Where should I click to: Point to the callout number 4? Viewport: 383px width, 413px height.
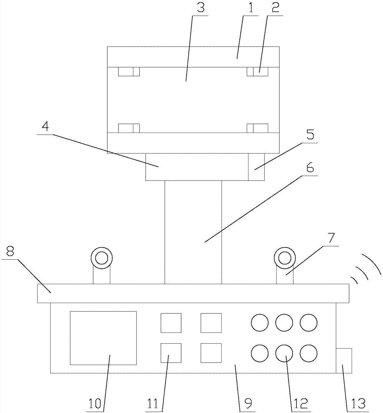(x=45, y=127)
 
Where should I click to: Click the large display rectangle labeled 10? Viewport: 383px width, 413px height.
(x=103, y=338)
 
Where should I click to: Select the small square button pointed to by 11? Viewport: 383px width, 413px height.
(x=171, y=353)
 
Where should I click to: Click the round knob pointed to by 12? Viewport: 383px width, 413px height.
(x=284, y=353)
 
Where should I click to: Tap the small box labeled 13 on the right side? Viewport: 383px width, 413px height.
(x=344, y=361)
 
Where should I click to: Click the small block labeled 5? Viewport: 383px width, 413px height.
(x=256, y=167)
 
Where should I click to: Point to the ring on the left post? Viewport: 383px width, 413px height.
(x=102, y=258)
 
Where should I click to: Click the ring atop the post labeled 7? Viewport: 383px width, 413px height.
(x=284, y=258)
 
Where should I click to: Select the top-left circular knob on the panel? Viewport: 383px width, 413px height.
(x=260, y=323)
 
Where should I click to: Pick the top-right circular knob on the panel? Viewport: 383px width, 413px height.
(x=309, y=323)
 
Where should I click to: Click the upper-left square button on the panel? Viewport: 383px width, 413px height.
(x=171, y=323)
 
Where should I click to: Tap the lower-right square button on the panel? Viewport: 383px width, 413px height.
(x=211, y=353)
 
